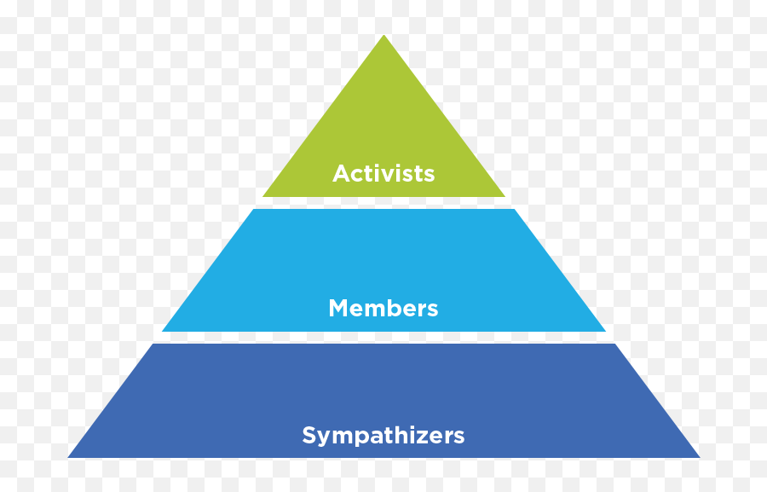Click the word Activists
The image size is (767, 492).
tap(383, 174)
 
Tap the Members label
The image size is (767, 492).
tap(383, 309)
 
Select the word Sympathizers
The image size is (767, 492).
tap(383, 436)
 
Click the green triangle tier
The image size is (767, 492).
tap(383, 132)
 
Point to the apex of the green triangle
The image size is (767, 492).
tap(384, 35)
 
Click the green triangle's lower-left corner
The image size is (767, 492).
tap(263, 197)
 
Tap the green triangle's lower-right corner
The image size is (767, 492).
tap(505, 197)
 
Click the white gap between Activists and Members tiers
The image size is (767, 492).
tap(383, 203)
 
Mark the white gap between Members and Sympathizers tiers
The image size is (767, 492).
tap(383, 338)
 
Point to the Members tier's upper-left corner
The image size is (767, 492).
tap(254, 210)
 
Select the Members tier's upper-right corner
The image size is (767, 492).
tap(514, 210)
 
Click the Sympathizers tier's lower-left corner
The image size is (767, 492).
tap(68, 458)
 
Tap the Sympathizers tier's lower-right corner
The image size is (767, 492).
tap(699, 458)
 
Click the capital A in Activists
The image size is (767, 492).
tap(341, 174)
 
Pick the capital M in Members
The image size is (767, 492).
tap(338, 309)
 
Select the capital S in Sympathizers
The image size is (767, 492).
tap(309, 435)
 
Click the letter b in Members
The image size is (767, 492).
tap(391, 308)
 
